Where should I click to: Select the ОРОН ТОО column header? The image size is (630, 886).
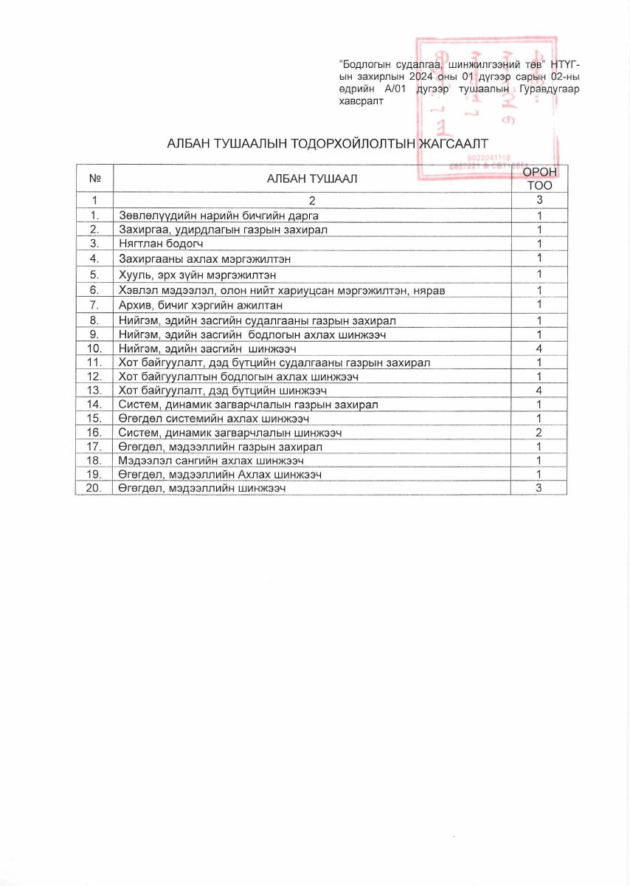point(539,178)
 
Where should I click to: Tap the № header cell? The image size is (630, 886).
point(94,178)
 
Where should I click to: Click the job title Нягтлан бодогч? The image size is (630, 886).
point(161,244)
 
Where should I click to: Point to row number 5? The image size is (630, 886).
point(94,275)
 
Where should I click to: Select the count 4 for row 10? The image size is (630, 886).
point(539,348)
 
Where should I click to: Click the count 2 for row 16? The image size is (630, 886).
point(539,433)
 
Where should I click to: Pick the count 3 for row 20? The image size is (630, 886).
point(539,488)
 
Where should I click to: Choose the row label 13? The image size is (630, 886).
point(94,391)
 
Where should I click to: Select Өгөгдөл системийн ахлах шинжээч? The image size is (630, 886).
point(214,419)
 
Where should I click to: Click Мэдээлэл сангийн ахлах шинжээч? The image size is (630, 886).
point(211,461)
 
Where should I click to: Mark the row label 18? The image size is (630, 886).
point(94,461)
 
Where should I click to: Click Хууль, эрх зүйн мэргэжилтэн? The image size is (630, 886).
point(198,275)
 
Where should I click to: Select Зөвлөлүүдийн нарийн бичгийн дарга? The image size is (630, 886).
point(218,216)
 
